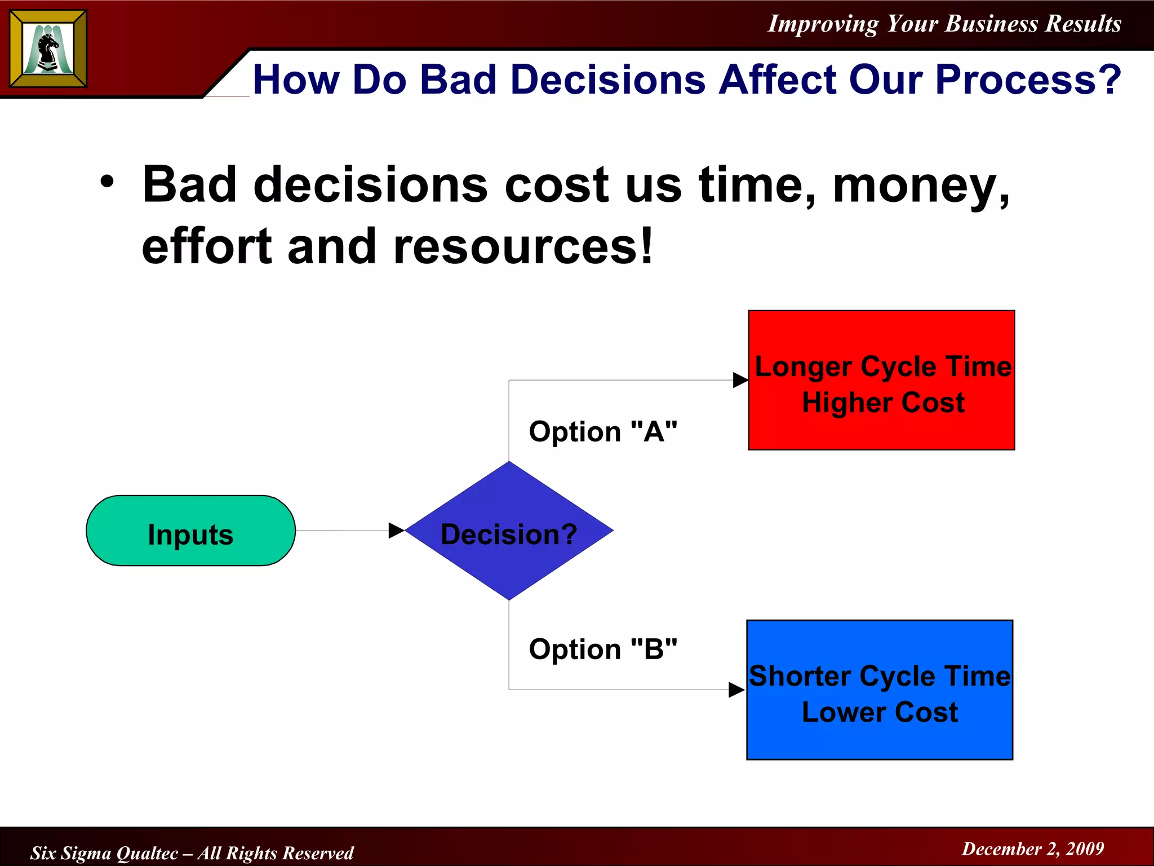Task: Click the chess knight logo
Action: click(x=48, y=49)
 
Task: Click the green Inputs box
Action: click(x=190, y=531)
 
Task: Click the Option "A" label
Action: click(x=602, y=432)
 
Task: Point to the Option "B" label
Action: click(x=602, y=649)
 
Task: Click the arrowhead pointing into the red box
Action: click(x=740, y=380)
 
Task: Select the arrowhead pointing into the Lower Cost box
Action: click(x=736, y=690)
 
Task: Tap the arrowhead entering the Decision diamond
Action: click(x=396, y=531)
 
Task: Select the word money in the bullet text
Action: click(x=918, y=186)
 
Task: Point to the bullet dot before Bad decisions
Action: click(x=107, y=182)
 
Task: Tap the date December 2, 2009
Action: click(x=1032, y=849)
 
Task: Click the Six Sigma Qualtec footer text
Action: click(x=192, y=852)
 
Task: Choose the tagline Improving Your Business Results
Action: click(x=944, y=24)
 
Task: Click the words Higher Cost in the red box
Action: click(x=882, y=403)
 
